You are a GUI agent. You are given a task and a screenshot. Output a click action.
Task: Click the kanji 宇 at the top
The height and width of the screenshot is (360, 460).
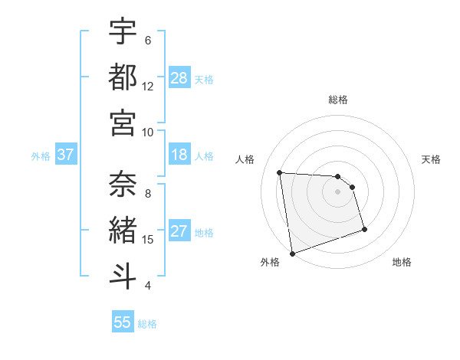(123, 32)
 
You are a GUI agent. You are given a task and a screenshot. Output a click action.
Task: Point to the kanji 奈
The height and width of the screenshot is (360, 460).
(123, 185)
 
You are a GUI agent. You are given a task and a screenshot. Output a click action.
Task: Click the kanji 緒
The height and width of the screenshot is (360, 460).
(123, 230)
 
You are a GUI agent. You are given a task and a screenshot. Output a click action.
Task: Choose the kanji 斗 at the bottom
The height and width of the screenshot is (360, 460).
(123, 275)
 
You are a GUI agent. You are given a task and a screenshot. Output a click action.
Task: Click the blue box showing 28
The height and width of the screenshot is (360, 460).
(179, 78)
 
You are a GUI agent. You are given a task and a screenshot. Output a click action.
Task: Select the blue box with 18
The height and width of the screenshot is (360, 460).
(179, 155)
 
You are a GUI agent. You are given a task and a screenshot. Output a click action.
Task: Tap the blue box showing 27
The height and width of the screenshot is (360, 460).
(179, 232)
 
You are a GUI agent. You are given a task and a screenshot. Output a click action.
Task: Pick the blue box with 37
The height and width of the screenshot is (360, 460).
(66, 155)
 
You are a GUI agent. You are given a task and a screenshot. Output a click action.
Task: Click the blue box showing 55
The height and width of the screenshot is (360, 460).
(123, 322)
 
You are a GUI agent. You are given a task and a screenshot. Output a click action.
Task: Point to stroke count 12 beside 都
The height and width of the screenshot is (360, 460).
(148, 87)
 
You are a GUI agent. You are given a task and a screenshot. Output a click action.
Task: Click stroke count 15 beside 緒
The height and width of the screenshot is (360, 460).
(148, 240)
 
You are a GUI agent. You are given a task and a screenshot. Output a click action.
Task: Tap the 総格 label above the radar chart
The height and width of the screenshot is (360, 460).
(338, 100)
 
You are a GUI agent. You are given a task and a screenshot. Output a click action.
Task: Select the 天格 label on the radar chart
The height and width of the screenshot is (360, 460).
(432, 159)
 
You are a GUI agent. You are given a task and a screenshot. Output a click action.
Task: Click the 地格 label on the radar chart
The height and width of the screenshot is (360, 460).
(402, 262)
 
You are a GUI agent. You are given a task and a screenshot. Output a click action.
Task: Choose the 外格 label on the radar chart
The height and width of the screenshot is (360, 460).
(270, 262)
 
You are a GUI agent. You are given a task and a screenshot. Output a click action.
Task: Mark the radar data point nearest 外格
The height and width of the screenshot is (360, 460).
(292, 253)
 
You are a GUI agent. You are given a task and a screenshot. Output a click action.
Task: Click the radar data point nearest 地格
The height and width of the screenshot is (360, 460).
(364, 229)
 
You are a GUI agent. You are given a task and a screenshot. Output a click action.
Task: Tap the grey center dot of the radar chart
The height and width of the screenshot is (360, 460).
(338, 191)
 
